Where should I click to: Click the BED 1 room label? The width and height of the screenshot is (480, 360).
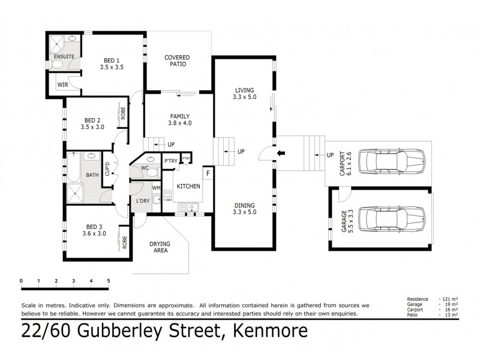pos(112,64)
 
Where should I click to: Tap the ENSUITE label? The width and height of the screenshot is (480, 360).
pos(64,56)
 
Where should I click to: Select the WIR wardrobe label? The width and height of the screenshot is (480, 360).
pos(62,85)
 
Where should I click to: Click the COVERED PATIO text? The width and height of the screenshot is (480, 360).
pos(177,61)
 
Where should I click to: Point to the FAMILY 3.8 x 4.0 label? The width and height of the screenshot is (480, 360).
pos(179,119)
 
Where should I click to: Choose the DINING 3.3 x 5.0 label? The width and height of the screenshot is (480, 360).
pos(244,208)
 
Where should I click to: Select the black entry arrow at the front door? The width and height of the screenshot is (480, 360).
pos(280,155)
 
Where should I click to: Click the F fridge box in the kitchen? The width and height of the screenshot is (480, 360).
pos(208,173)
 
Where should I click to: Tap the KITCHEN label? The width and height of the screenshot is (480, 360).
pos(188,186)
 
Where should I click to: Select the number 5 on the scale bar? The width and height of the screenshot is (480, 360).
pos(109,281)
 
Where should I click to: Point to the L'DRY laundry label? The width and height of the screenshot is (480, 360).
pos(143,200)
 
